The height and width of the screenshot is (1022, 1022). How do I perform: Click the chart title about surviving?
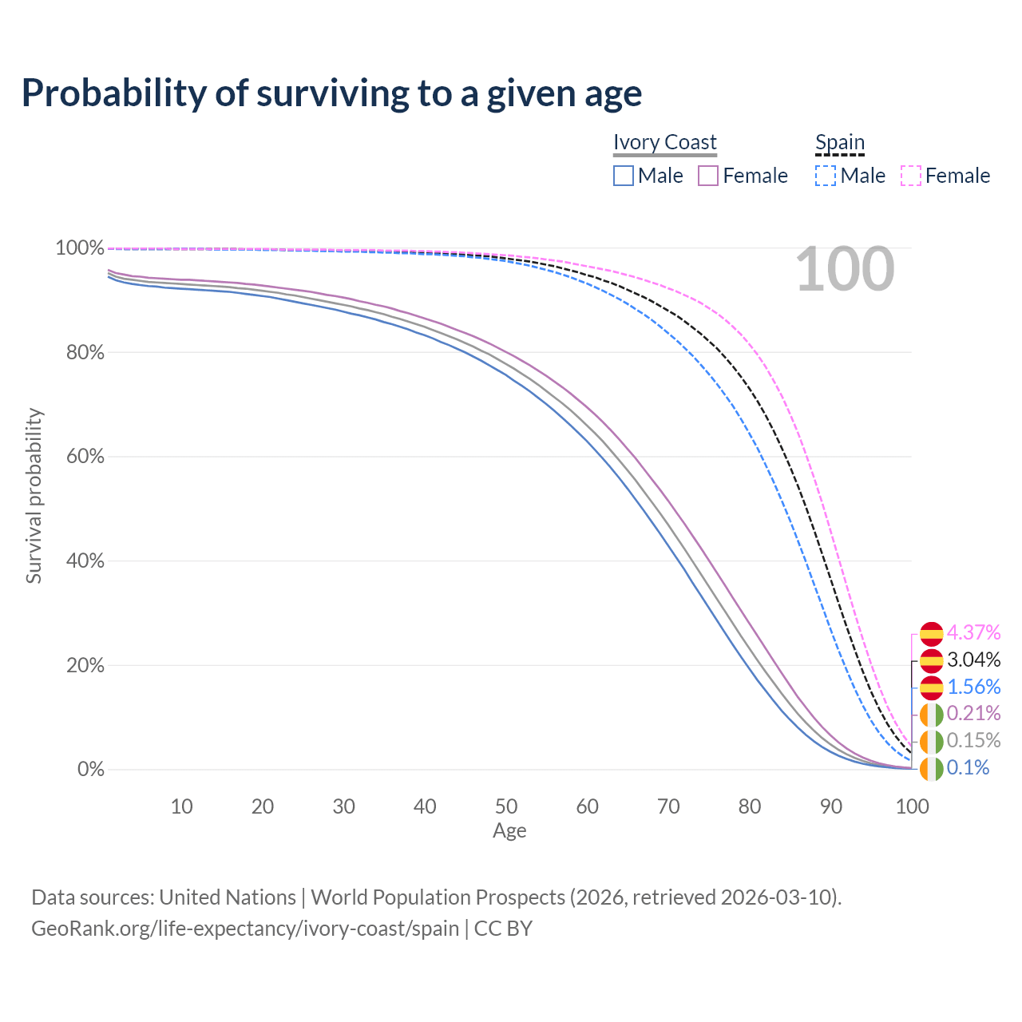pos(331,93)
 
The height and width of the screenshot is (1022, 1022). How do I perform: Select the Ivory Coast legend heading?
pos(664,142)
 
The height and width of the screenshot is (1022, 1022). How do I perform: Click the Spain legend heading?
pos(839,143)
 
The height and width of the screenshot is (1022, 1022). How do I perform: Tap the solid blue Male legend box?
pos(624,176)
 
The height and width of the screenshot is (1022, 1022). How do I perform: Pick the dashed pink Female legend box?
pos(911,176)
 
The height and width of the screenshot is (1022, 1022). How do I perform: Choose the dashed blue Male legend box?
pos(826,176)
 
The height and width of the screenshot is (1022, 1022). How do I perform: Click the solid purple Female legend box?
pos(709,176)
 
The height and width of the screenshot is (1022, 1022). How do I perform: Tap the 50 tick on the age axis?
pos(506,806)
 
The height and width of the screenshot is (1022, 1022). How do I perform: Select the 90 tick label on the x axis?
pos(831,806)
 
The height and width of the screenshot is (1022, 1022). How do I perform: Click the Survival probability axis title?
pos(34,496)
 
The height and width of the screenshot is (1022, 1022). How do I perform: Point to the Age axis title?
pos(509,831)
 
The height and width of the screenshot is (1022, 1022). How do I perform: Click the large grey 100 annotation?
pos(845,270)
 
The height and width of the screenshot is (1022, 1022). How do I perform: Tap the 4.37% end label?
pos(973,633)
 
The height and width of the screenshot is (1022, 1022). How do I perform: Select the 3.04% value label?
pos(973,660)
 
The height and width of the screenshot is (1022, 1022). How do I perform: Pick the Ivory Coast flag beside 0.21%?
pos(931,714)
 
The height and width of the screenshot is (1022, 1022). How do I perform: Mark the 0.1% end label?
pos(968,768)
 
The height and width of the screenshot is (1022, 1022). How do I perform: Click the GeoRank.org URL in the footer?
pos(245,929)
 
